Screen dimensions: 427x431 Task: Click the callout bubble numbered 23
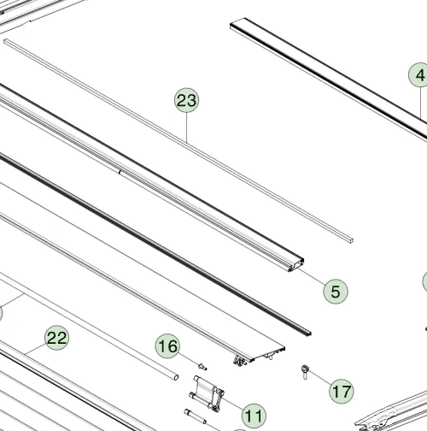tap(186, 100)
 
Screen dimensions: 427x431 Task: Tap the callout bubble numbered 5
tap(336, 292)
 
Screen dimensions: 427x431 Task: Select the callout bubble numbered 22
tap(57, 338)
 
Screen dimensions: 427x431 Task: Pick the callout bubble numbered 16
tap(167, 346)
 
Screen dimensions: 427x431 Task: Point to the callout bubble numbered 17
tap(342, 392)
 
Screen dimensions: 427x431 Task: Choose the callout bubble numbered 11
tap(254, 416)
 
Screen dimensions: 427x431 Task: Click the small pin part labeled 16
tap(202, 367)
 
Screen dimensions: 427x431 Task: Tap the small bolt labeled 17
tap(305, 372)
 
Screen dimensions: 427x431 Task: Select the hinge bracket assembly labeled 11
tap(207, 393)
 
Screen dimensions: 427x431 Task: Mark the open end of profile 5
tap(296, 265)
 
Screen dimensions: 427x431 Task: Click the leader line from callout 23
tap(187, 127)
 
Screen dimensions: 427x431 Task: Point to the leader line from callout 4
tap(421, 103)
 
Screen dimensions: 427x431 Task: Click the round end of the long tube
tap(176, 377)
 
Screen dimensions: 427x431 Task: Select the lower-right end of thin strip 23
tap(351, 240)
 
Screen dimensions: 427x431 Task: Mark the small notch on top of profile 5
tap(120, 172)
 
